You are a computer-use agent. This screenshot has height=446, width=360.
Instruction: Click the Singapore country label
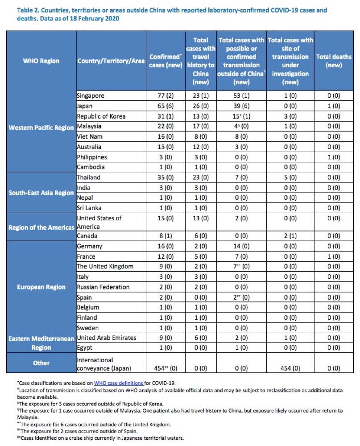pyautogui.click(x=91, y=96)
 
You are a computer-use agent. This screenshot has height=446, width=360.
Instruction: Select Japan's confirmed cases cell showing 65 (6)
pyautogui.click(x=166, y=106)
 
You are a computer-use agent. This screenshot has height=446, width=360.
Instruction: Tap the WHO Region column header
pyautogui.click(x=41, y=61)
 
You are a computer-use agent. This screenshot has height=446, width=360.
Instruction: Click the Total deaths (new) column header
pyautogui.click(x=334, y=61)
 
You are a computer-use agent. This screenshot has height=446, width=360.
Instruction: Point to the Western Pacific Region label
pyautogui.click(x=41, y=128)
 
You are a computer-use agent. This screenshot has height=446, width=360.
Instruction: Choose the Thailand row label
pyautogui.click(x=88, y=178)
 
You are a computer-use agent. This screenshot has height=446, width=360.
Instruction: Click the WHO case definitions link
pyautogui.click(x=118, y=383)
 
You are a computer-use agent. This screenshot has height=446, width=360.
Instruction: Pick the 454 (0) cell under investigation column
pyautogui.click(x=290, y=368)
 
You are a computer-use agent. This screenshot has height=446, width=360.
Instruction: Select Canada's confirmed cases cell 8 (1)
pyautogui.click(x=166, y=236)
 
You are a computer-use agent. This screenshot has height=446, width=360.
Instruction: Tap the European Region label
pyautogui.click(x=41, y=287)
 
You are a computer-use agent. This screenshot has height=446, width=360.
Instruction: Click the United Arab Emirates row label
pyautogui.click(x=107, y=338)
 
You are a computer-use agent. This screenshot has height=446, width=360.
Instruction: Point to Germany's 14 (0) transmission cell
pyautogui.click(x=241, y=246)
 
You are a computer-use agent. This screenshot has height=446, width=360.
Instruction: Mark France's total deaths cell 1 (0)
pyautogui.click(x=334, y=256)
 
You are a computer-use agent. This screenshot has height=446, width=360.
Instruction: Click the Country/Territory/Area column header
pyautogui.click(x=111, y=61)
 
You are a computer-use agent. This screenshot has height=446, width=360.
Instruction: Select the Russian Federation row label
pyautogui.click(x=103, y=287)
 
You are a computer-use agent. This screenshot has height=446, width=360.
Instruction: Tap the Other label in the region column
pyautogui.click(x=41, y=363)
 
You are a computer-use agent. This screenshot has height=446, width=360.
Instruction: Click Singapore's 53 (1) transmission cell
pyautogui.click(x=241, y=96)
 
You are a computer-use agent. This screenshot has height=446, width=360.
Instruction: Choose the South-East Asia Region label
pyautogui.click(x=41, y=193)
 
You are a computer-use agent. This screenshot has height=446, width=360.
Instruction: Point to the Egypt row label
pyautogui.click(x=84, y=348)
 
